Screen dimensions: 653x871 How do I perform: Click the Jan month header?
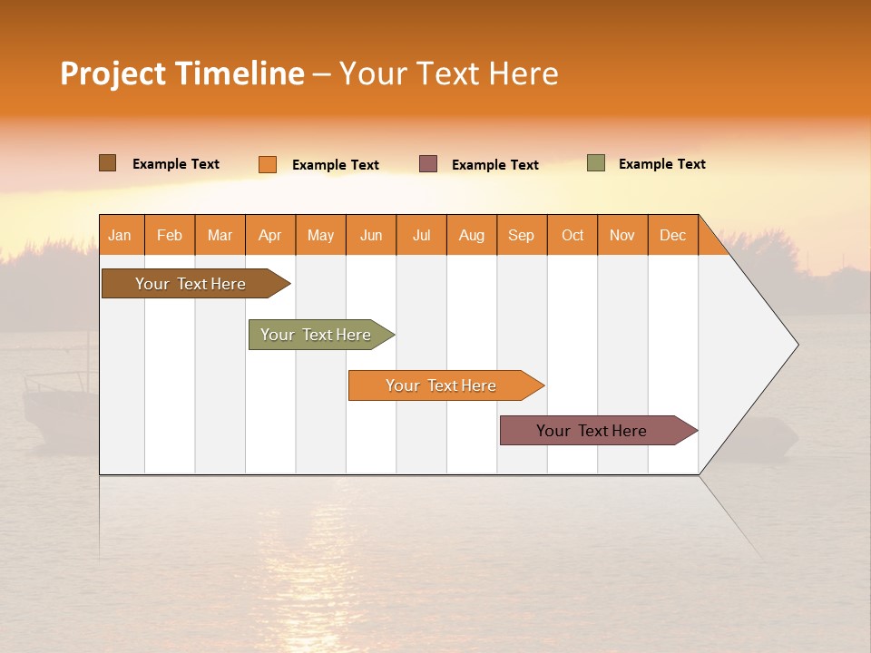click(121, 235)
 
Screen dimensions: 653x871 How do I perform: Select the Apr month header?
click(270, 235)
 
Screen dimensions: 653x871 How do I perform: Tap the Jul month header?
click(421, 235)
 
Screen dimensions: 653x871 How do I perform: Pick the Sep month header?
click(522, 235)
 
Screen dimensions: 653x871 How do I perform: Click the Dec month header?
click(672, 235)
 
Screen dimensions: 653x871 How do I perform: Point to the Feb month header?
click(170, 235)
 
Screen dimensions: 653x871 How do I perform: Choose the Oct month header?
click(573, 235)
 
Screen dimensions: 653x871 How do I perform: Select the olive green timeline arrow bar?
click(318, 335)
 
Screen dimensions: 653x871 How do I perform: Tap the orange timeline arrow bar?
click(442, 385)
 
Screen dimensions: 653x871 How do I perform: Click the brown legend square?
click(108, 163)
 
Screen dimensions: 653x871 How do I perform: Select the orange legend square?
click(268, 164)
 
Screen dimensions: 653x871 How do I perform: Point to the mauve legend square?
click(428, 163)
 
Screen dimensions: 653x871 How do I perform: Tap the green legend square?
click(596, 163)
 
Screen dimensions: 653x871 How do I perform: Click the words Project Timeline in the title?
click(182, 73)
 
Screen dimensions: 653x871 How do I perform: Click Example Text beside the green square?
click(661, 164)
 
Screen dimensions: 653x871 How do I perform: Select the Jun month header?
click(371, 235)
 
